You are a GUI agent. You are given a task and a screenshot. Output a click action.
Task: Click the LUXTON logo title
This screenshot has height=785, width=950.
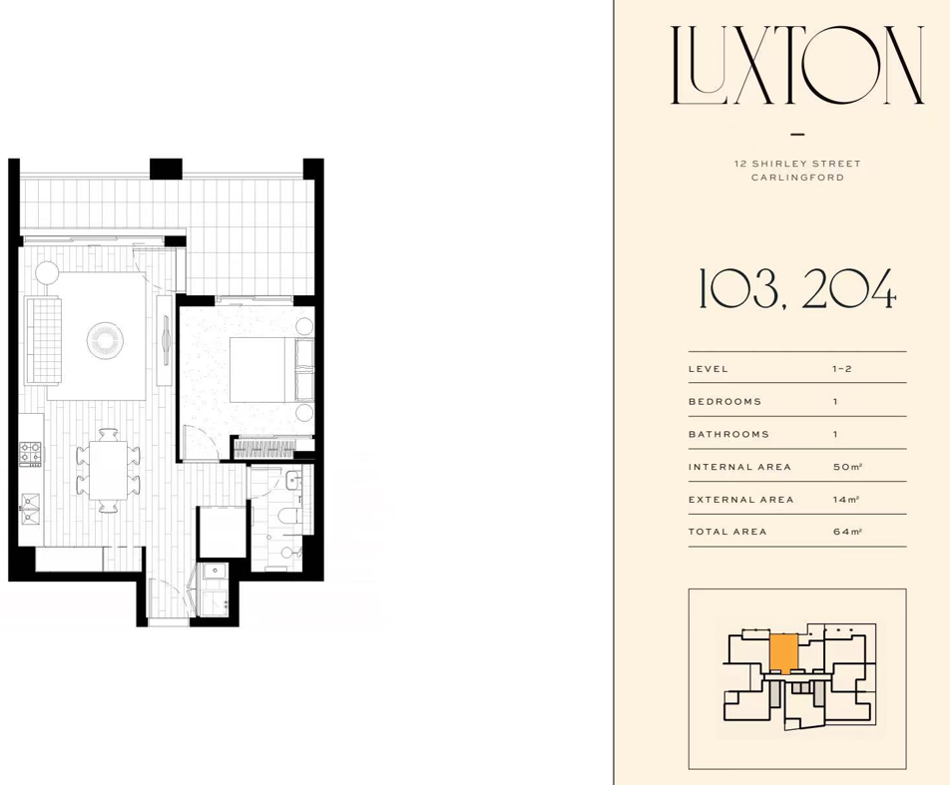click(797, 65)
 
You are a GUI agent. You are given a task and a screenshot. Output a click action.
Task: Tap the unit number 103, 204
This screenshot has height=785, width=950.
click(797, 289)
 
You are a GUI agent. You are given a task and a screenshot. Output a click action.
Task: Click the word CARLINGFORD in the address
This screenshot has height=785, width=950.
click(797, 178)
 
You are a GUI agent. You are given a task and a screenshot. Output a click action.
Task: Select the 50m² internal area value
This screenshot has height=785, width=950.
click(847, 467)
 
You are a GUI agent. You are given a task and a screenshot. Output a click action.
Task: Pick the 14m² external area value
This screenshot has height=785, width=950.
click(846, 499)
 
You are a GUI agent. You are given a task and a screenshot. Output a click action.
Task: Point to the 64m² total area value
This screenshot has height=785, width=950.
click(847, 532)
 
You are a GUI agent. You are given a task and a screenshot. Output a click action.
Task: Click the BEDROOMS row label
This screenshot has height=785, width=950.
click(724, 402)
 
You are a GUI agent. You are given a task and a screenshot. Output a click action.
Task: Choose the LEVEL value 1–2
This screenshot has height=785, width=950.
click(842, 369)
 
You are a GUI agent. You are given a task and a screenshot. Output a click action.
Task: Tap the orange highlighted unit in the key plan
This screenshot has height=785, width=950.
click(783, 654)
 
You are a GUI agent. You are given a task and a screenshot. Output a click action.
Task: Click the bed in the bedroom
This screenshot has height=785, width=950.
click(271, 369)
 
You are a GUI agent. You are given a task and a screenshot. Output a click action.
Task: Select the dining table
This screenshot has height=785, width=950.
click(109, 470)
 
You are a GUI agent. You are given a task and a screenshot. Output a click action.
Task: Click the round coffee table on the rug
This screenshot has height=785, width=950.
click(106, 340)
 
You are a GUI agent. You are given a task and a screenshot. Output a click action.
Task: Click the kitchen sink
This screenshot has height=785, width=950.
click(30, 508)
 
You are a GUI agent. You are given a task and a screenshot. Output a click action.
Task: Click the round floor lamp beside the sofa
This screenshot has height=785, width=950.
click(47, 271)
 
